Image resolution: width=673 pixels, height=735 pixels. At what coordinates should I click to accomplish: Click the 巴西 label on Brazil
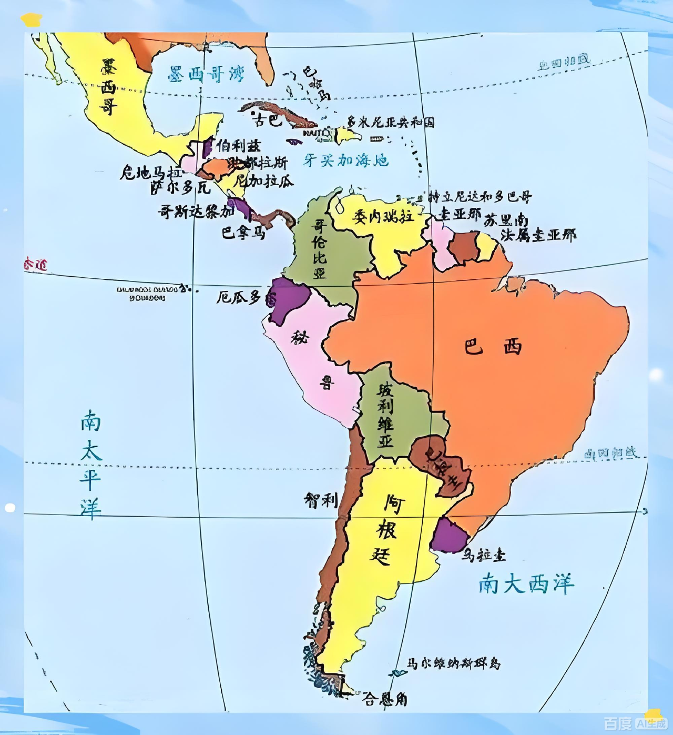tap(493, 347)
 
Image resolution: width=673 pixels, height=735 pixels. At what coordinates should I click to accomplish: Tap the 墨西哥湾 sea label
tap(207, 74)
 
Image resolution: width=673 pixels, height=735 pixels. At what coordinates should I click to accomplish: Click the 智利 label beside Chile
tap(320, 500)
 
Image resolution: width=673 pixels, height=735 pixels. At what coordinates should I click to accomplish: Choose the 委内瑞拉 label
tap(382, 216)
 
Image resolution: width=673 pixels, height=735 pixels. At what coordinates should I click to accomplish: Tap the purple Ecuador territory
tap(287, 300)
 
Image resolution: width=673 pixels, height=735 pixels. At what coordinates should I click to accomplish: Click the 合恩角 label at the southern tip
tap(385, 699)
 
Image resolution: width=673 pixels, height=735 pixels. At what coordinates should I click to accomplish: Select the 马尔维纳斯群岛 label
tap(454, 663)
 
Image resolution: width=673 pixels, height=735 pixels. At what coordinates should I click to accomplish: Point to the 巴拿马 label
tap(243, 232)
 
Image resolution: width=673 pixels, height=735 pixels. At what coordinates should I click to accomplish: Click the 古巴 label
tap(268, 120)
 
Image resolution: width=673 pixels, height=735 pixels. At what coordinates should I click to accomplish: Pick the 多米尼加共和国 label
tap(391, 123)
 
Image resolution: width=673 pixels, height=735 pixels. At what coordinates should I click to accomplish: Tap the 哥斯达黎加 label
tap(196, 212)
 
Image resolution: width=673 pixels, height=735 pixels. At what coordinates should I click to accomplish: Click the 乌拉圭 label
tap(484, 555)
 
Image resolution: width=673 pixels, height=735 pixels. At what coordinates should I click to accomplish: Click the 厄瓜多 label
tap(239, 298)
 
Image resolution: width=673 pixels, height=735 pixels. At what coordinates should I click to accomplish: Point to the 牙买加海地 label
tap(346, 160)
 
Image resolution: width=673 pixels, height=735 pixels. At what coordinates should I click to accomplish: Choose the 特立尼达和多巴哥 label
tap(480, 197)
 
